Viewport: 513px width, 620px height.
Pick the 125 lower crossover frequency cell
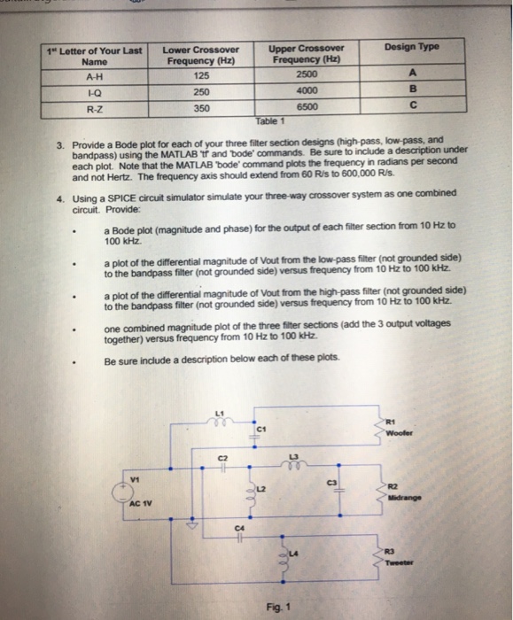click(x=201, y=76)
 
